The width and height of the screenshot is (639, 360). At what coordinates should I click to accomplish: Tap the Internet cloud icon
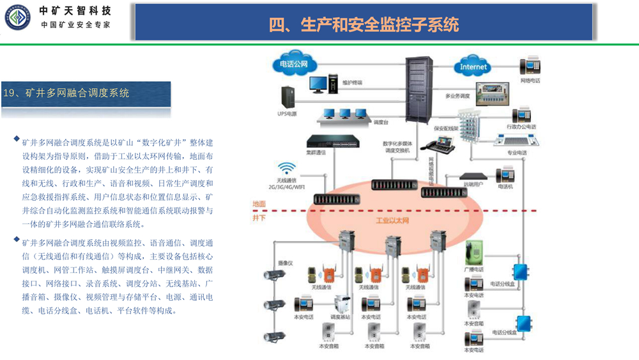(473, 66)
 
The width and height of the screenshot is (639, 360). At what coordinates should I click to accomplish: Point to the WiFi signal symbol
(287, 169)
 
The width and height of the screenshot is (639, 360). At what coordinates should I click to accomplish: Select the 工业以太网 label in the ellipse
(392, 221)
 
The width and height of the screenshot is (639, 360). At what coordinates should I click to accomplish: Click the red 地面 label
(259, 204)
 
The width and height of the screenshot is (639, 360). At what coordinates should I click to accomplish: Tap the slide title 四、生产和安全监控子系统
(364, 25)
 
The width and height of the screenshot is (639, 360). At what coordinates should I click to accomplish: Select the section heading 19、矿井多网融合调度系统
(66, 93)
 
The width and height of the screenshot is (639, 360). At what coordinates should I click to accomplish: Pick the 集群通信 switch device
(326, 141)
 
